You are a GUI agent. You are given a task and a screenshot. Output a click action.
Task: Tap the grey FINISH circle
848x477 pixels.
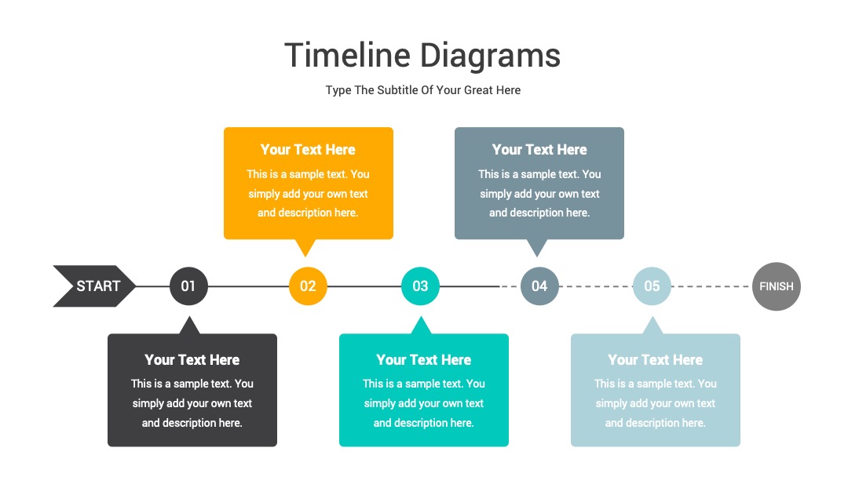pyautogui.click(x=776, y=286)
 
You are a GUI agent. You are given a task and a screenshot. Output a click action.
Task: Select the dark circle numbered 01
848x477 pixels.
pyautogui.click(x=188, y=286)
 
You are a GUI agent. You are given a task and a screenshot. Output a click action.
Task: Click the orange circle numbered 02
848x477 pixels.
pyautogui.click(x=308, y=286)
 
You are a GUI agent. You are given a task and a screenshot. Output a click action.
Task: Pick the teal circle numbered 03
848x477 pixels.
pyautogui.click(x=420, y=286)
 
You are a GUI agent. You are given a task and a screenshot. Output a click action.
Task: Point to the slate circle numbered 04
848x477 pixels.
pyautogui.click(x=539, y=286)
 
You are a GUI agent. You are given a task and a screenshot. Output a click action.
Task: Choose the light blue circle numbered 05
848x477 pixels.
pyautogui.click(x=652, y=286)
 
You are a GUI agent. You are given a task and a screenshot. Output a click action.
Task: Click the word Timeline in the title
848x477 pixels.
pyautogui.click(x=348, y=55)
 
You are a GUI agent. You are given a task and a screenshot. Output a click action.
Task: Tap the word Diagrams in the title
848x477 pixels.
pyautogui.click(x=491, y=56)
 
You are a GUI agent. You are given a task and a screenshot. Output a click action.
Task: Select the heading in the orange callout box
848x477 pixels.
pyautogui.click(x=308, y=150)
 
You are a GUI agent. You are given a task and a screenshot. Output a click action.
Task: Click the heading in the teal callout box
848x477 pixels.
pyautogui.click(x=423, y=360)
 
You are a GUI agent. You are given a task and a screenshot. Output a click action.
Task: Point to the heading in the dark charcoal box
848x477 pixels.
pyautogui.click(x=192, y=360)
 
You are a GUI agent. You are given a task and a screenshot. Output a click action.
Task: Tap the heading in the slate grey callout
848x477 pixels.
pyautogui.click(x=539, y=150)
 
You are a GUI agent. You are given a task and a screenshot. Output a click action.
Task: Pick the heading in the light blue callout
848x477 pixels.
pyautogui.click(x=655, y=360)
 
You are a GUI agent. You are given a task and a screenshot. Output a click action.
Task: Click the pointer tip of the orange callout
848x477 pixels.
pyautogui.click(x=305, y=257)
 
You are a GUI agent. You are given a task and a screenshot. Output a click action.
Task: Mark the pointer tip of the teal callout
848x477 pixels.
pyautogui.click(x=421, y=316)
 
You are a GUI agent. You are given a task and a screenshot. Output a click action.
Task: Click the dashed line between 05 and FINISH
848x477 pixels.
pyautogui.click(x=711, y=286)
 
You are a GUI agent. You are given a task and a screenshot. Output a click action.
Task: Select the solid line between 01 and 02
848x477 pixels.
pyautogui.click(x=248, y=286)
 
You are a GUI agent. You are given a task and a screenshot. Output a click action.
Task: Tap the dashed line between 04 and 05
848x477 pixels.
pyautogui.click(x=595, y=286)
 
